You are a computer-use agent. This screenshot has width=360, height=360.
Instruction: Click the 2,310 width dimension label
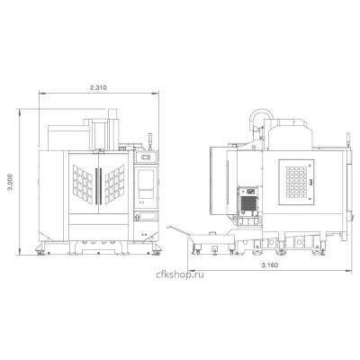[99, 88]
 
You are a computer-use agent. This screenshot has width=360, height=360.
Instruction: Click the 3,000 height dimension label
[11, 182]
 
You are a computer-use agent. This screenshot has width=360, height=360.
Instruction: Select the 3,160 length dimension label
[269, 265]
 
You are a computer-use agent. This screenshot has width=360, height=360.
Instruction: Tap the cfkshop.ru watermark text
[180, 274]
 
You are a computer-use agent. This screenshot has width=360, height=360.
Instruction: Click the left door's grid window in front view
[83, 184]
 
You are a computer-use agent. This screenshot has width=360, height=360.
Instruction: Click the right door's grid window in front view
[114, 184]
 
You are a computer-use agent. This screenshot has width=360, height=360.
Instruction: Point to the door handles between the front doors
[98, 186]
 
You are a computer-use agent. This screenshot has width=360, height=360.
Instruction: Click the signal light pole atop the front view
[150, 141]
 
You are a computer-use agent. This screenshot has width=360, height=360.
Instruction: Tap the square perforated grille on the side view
[296, 183]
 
